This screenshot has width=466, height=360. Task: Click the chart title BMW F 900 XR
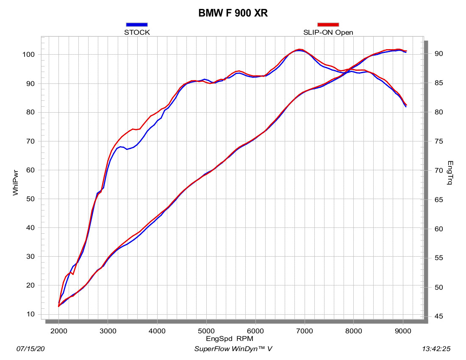(x=233, y=13)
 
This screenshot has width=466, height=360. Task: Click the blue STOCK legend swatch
(x=137, y=25)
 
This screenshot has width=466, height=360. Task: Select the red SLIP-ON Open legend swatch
(x=328, y=25)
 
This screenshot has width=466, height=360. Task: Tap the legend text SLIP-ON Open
(x=328, y=32)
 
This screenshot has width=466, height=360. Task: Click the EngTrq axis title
(x=450, y=174)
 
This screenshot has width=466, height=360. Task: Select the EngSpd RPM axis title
(x=230, y=339)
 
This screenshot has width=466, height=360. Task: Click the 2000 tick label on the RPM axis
(x=59, y=331)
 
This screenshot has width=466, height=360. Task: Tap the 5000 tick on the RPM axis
(x=206, y=331)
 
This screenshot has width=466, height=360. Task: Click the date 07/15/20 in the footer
(x=30, y=349)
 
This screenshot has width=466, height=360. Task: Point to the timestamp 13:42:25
(x=436, y=349)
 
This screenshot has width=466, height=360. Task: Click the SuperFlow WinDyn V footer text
(x=233, y=349)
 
